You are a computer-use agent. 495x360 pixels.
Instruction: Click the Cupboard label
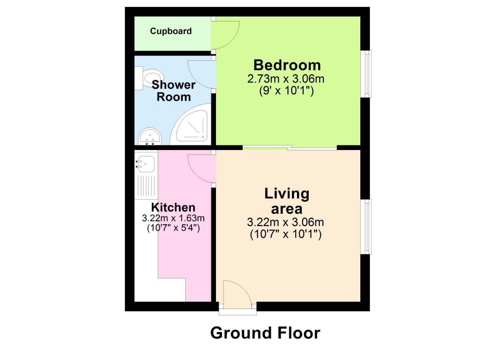coord(171,31)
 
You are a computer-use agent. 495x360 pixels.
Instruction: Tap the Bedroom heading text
coord(287,65)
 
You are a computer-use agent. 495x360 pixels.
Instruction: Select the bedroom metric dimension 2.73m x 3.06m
coord(286,79)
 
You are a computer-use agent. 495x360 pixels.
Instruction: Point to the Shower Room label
coord(173,91)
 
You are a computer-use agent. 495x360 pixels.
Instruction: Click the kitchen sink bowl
coord(145,163)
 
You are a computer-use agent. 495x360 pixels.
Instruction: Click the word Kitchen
coord(173,207)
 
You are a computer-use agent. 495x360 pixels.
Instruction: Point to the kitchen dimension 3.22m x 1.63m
coord(173,219)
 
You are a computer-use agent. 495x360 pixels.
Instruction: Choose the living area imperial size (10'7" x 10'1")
coord(286,235)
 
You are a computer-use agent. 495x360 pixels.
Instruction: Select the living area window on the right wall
coord(367,227)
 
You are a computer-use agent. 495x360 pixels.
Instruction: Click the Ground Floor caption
coord(265,333)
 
